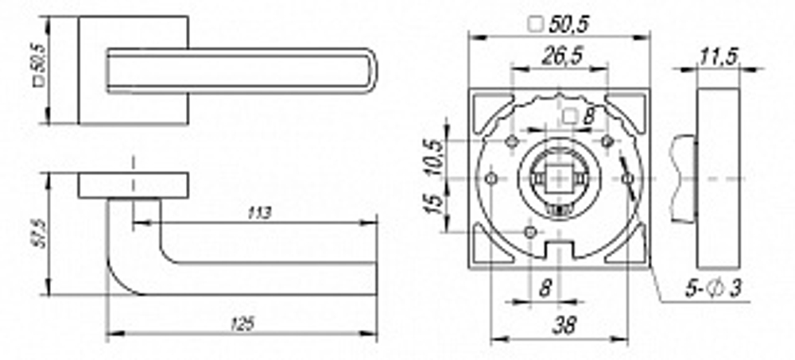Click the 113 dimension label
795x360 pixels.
[259, 213]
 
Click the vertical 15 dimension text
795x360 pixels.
[432, 205]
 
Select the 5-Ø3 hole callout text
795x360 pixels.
[713, 288]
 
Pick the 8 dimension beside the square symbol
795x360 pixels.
[588, 116]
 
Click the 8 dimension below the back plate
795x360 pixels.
[545, 288]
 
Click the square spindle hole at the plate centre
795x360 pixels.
[559, 178]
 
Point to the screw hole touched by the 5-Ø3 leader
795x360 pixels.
[628, 178]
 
